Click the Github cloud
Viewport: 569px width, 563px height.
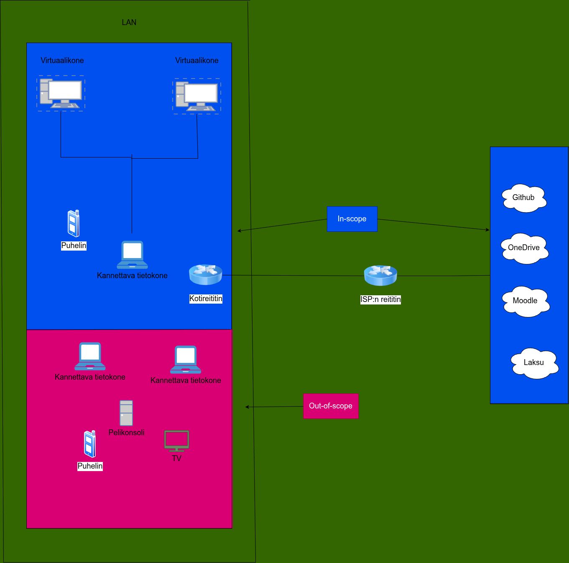coord(524,198)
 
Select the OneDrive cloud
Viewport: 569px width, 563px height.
coord(525,248)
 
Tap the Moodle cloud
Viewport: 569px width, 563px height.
coord(526,301)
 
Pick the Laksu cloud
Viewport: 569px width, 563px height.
coord(534,363)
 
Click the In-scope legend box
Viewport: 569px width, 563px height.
coord(352,219)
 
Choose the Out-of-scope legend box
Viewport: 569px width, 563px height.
coord(331,406)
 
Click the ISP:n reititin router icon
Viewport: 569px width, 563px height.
coord(380,275)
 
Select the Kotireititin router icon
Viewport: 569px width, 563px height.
coord(205,274)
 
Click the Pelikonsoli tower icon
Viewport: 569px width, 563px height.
coord(126,413)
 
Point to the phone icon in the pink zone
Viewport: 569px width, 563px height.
coord(89,444)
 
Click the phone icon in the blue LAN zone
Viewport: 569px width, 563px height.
coord(74,223)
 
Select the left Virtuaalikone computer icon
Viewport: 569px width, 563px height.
coord(61,93)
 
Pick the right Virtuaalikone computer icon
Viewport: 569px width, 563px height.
coord(196,96)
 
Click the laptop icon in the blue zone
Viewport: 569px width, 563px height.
coord(132,254)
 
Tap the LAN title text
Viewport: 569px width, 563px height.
coord(129,23)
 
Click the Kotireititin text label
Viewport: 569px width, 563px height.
coord(206,299)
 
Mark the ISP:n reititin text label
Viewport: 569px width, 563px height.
coord(380,299)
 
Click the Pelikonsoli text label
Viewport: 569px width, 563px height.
coord(126,433)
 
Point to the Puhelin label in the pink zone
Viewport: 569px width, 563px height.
coord(90,466)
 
